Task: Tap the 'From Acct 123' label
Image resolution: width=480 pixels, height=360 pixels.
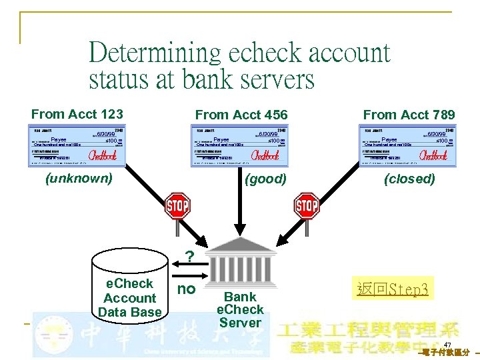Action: click(x=77, y=115)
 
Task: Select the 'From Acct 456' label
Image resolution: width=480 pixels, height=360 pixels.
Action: click(x=241, y=115)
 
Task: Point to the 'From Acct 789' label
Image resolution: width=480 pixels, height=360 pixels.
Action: click(x=409, y=115)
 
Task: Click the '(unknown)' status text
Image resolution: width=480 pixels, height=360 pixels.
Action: click(x=78, y=178)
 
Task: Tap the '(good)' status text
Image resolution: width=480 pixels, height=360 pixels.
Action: click(x=265, y=179)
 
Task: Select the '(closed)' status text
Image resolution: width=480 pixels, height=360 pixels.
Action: click(x=409, y=179)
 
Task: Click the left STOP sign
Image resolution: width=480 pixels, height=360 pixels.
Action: click(x=177, y=205)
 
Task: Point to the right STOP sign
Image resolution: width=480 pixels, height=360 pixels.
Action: click(x=307, y=205)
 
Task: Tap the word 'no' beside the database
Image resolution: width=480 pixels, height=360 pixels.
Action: click(x=186, y=289)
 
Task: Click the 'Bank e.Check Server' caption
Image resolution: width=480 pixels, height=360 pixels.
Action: click(x=240, y=309)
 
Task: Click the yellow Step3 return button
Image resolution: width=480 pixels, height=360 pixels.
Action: click(x=393, y=289)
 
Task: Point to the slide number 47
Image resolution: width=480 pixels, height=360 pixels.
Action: click(x=447, y=345)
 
